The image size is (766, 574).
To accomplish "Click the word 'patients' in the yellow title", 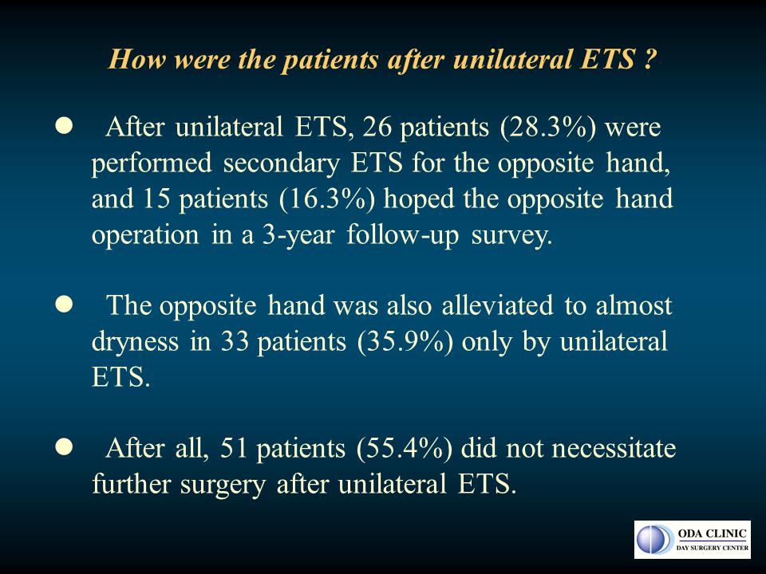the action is point(331,60).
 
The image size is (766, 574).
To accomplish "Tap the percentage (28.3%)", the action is point(548,128).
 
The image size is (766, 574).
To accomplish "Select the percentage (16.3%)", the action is point(327,199).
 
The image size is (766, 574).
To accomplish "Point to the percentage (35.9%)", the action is point(405,341).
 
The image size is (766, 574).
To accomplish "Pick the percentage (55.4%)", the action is point(405,448).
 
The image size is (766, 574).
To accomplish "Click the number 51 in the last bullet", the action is point(234,447).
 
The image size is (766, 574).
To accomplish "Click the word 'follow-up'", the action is point(403,236).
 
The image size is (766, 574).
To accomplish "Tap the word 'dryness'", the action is point(136,342).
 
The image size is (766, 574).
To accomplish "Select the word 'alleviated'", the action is point(497,305).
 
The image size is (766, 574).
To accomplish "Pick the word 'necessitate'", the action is point(614,449).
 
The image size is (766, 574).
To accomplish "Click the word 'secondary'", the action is point(282,163).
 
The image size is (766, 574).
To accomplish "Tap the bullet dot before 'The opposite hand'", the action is point(64,304).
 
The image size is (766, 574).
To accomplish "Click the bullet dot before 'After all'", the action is point(64,446).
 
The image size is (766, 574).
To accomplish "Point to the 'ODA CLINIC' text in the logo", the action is point(713,533).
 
